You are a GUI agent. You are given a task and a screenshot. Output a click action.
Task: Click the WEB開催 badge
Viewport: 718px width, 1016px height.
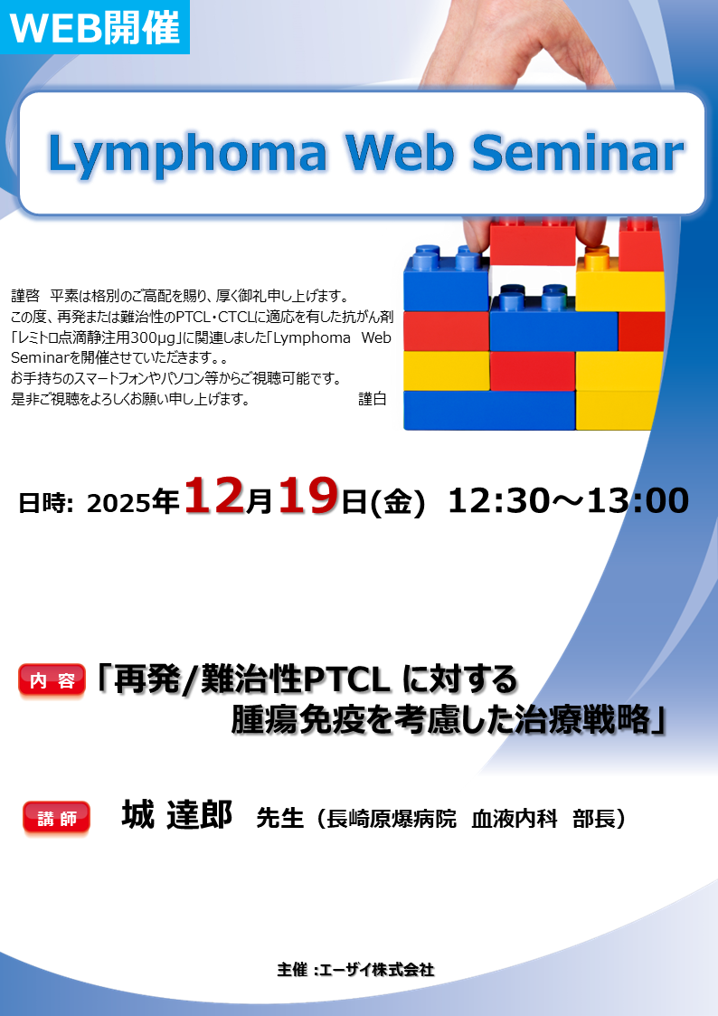point(94,28)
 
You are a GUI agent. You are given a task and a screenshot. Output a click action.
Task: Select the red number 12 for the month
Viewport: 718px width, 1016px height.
point(214,499)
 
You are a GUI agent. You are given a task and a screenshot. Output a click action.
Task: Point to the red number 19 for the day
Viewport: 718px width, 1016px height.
point(308,499)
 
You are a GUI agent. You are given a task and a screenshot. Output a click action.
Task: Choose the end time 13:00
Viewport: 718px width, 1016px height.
point(638,500)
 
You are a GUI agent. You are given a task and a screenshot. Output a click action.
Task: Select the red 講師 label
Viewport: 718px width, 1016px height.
point(56,818)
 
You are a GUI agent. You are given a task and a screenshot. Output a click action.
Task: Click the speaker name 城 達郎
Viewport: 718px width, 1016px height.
point(177,815)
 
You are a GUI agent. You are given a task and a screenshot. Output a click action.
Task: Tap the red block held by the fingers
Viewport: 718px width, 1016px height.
point(533,245)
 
